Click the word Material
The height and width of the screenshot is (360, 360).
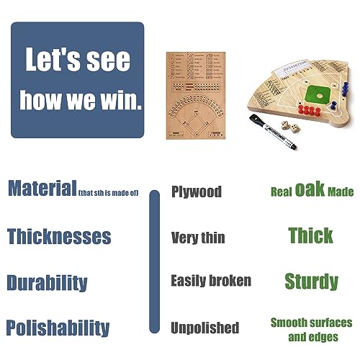[42, 189]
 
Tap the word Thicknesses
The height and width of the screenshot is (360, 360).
[59, 236]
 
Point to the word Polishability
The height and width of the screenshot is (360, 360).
[58, 328]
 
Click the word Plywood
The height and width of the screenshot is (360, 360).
[197, 192]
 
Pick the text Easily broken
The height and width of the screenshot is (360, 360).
[211, 281]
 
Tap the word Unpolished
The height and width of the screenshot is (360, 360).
[204, 328]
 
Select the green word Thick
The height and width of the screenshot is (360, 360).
[310, 235]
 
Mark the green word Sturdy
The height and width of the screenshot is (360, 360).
[311, 281]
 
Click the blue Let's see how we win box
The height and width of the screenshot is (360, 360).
[77, 80]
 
